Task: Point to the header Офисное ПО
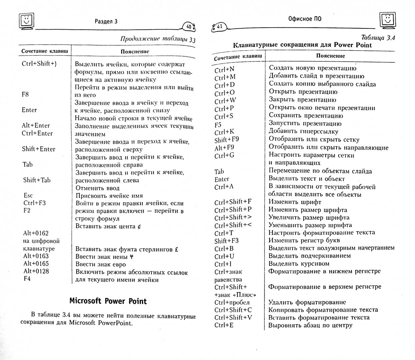tap(305, 19)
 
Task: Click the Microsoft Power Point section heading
tap(108, 301)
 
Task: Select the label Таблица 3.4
tap(378, 38)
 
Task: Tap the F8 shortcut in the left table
tap(25, 94)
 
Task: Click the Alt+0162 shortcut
tap(36, 233)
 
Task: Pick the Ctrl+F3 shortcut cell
tap(34, 203)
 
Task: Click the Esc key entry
tap(28, 195)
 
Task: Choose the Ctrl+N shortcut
tap(225, 70)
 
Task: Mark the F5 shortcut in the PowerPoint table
tap(218, 125)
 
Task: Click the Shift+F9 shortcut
tap(227, 140)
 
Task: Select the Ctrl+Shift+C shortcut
tap(233, 310)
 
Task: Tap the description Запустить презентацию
tap(305, 124)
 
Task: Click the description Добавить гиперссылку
tap(303, 132)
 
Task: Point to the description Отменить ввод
tap(97, 188)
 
